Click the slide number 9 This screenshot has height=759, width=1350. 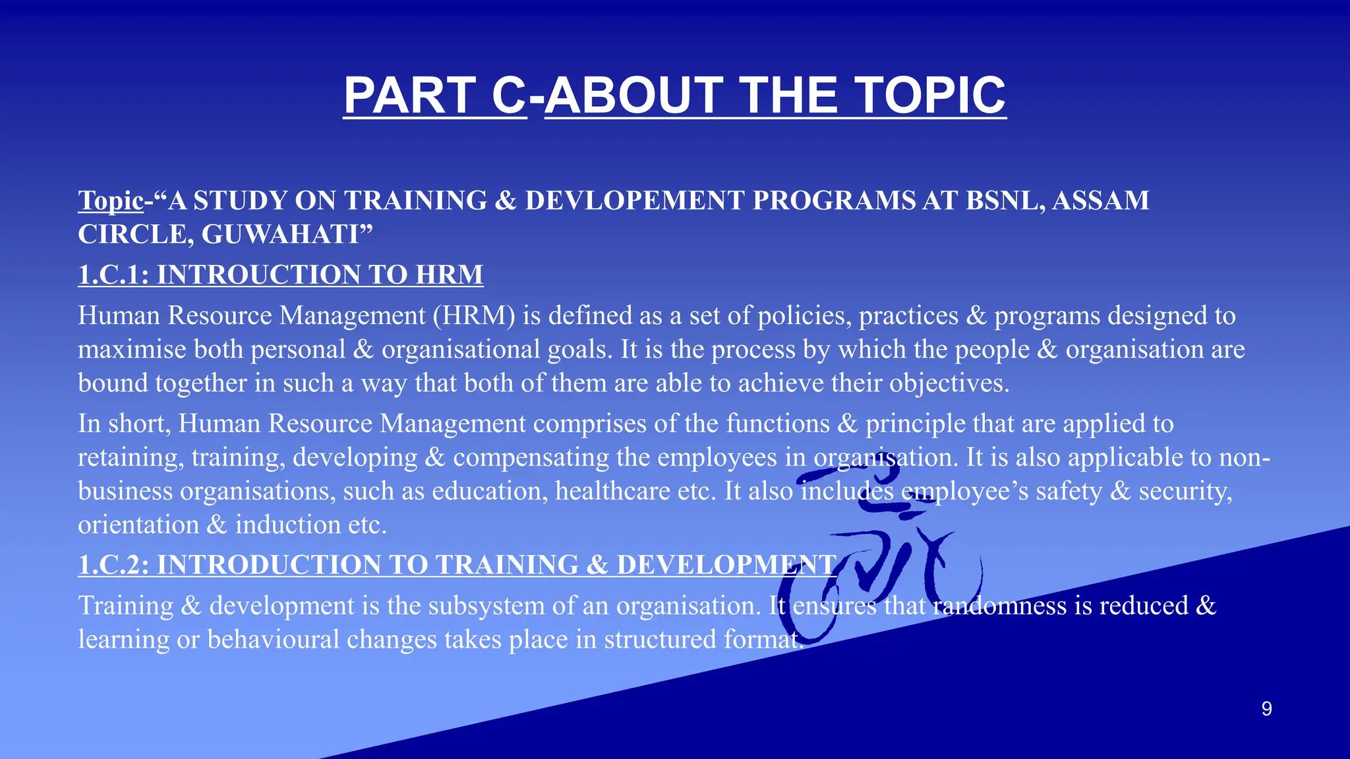click(1266, 709)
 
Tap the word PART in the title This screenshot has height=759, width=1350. click(409, 96)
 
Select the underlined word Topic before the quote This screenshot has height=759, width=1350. click(111, 200)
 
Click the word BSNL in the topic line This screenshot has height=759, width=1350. click(1005, 200)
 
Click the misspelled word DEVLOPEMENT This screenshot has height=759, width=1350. click(634, 200)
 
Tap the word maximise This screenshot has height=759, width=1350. click(132, 350)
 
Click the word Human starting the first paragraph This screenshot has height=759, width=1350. click(119, 316)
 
